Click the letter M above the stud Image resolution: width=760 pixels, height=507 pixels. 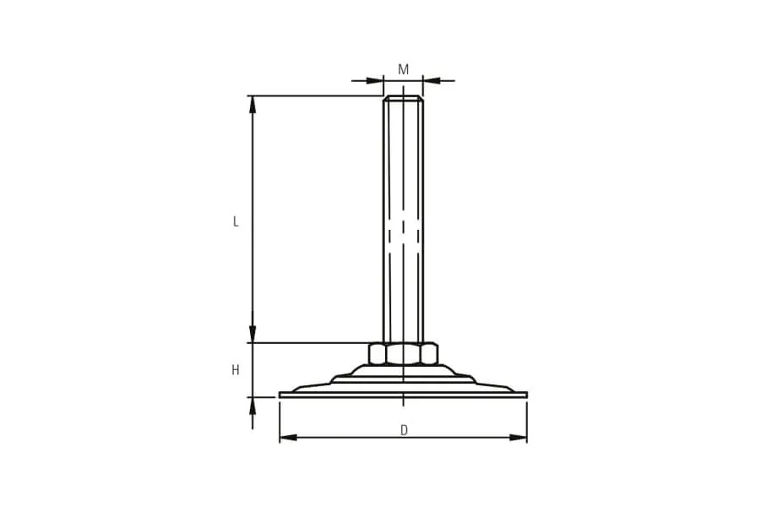[x=404, y=70]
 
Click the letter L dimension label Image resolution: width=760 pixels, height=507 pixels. [x=236, y=221]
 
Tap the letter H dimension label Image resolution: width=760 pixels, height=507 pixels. [x=236, y=370]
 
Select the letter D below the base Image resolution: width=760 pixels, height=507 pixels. [x=404, y=430]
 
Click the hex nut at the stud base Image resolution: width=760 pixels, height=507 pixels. [x=404, y=353]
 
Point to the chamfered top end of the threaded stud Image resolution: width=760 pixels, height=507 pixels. [x=404, y=98]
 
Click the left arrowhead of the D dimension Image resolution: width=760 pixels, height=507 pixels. [x=289, y=438]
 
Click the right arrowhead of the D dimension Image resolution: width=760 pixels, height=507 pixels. [x=518, y=438]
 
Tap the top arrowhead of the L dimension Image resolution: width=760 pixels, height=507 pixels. [x=252, y=104]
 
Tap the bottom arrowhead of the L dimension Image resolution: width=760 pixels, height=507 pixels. [x=252, y=334]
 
